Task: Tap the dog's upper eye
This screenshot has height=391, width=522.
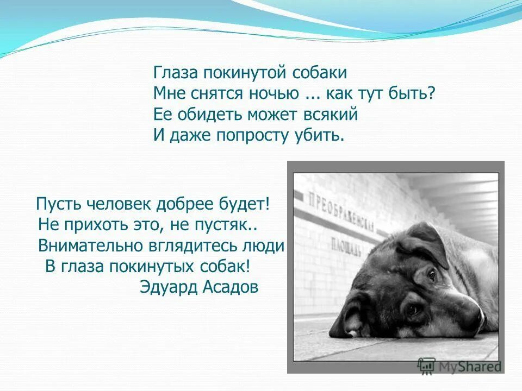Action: pos(432,274)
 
